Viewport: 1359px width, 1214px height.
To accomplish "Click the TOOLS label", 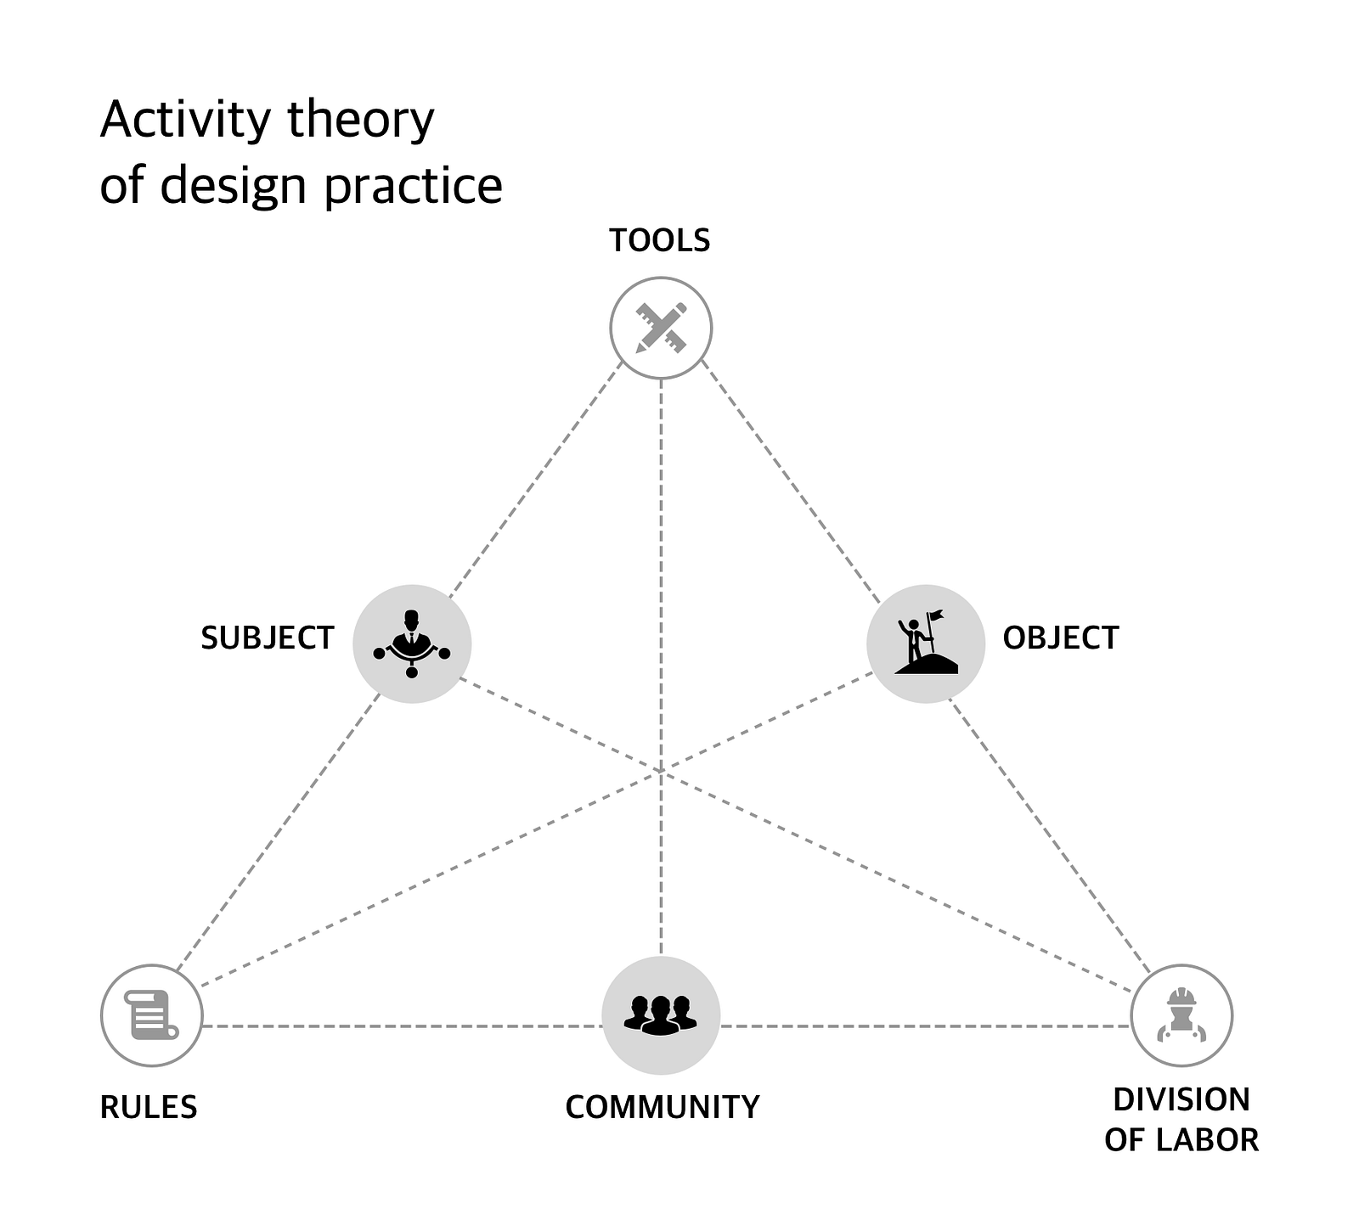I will (x=659, y=241).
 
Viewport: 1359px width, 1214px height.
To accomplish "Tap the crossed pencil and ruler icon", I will (x=661, y=328).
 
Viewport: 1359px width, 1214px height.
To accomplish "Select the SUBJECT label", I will (x=268, y=638).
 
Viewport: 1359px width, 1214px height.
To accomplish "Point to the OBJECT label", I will (x=1060, y=638).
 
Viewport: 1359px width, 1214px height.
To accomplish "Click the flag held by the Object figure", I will (x=936, y=615).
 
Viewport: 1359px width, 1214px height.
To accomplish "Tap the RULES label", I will (x=149, y=1108).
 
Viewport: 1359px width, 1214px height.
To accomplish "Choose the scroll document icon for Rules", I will (x=151, y=1014).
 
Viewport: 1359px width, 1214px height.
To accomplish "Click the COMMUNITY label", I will (x=662, y=1108).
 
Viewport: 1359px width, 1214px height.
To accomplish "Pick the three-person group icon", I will (x=661, y=1014).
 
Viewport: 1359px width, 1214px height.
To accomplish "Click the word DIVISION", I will (x=1181, y=1100).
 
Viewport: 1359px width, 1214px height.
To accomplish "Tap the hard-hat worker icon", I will (x=1181, y=1014).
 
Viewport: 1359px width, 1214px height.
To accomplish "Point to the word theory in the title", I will (x=361, y=121).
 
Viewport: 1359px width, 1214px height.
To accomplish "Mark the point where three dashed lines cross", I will (x=661, y=772).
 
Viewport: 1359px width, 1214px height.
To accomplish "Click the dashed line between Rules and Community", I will (x=399, y=1026).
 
